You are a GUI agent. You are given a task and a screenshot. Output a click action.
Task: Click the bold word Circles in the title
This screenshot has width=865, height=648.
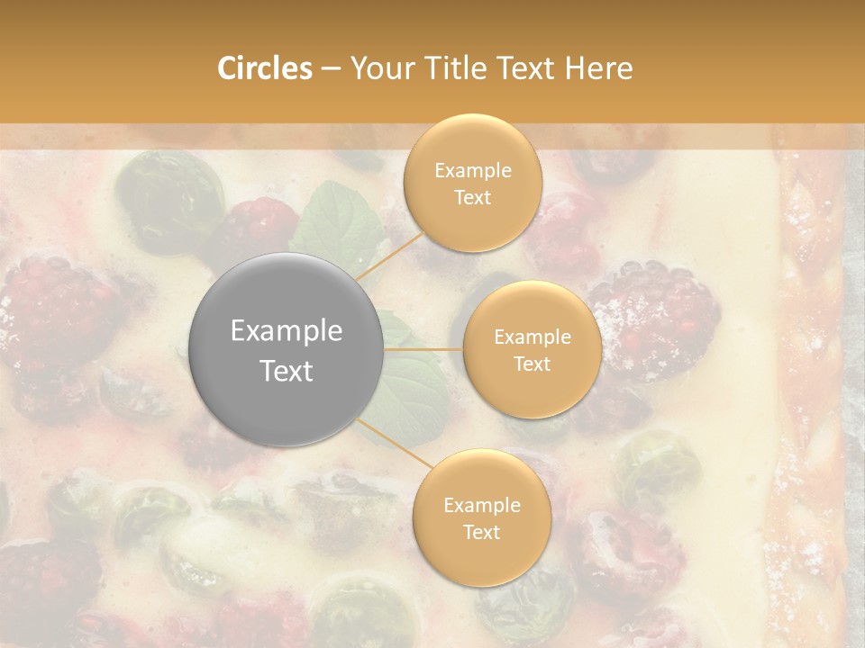click(x=264, y=68)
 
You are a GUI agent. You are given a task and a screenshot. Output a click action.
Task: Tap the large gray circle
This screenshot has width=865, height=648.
click(x=286, y=350)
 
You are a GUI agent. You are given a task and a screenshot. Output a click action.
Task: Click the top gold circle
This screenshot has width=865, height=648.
click(x=472, y=184)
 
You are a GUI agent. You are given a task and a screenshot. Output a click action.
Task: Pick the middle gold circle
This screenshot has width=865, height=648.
click(x=532, y=350)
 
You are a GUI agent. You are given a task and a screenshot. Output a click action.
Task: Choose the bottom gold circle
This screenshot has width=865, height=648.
click(x=481, y=517)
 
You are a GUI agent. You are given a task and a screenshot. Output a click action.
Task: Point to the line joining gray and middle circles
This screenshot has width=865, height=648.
click(x=423, y=349)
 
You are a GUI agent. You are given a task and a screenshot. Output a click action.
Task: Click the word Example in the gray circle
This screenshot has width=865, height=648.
click(x=286, y=331)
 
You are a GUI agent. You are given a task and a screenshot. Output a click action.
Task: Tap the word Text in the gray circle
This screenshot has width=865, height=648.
click(x=286, y=371)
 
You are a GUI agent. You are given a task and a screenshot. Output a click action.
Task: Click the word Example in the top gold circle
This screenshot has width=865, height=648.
click(x=472, y=171)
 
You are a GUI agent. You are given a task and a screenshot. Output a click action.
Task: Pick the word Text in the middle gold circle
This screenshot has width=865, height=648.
click(x=532, y=364)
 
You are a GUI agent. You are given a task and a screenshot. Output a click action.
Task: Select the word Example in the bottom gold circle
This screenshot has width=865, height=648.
click(x=481, y=505)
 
